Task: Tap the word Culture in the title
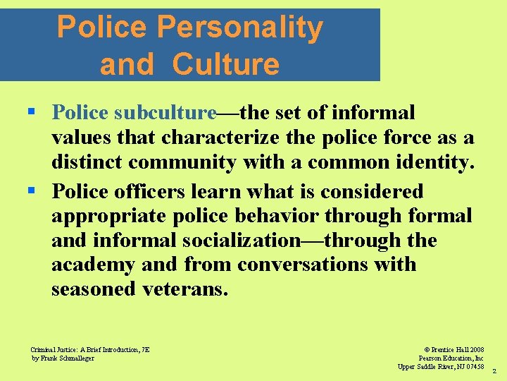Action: (225, 64)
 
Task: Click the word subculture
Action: (165, 113)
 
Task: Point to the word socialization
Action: (241, 241)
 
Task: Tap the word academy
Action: (94, 265)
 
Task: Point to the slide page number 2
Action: (494, 370)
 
